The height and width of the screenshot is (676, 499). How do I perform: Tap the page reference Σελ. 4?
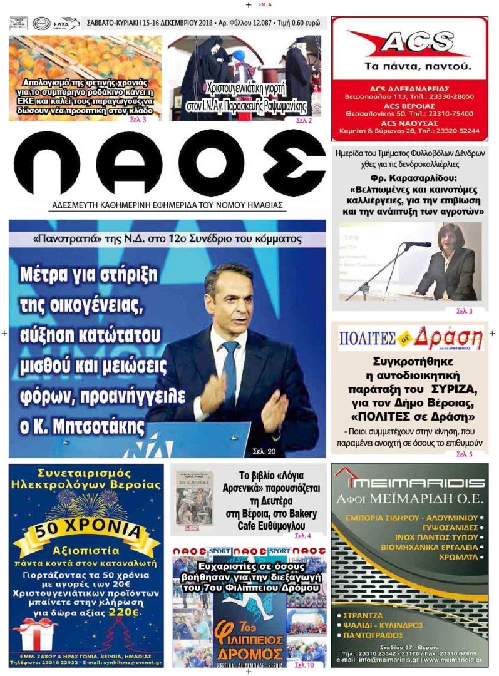(x=302, y=536)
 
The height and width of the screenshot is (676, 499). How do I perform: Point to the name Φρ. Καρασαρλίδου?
(x=409, y=178)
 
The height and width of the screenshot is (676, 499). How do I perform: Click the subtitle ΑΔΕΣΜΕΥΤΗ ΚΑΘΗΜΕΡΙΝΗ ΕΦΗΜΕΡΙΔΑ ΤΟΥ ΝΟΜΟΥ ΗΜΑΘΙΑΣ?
(x=168, y=205)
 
